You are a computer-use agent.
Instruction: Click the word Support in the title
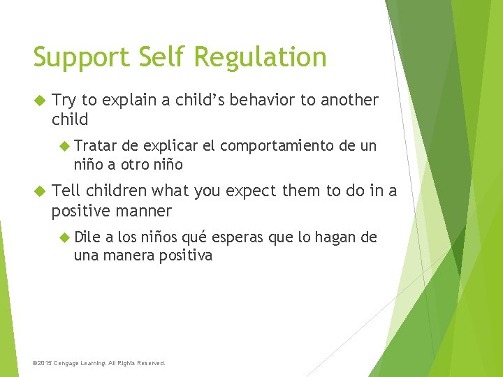click(78, 58)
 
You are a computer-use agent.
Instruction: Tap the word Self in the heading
click(154, 57)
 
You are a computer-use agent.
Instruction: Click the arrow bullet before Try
click(39, 101)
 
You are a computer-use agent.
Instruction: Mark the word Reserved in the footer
click(150, 363)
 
